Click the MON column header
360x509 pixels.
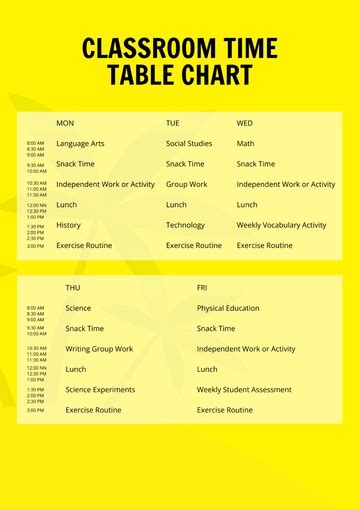(x=65, y=123)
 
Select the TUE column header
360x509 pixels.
(x=173, y=123)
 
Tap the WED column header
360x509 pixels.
(x=245, y=123)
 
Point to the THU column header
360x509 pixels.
(x=73, y=288)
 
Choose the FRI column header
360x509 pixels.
(x=202, y=288)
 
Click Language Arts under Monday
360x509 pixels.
(x=80, y=144)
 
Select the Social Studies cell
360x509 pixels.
(x=189, y=144)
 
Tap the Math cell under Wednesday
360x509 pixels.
(x=246, y=144)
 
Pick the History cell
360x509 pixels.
(x=68, y=225)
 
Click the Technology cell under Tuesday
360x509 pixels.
(x=185, y=225)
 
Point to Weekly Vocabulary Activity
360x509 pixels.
(x=282, y=225)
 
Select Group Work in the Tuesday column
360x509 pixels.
(x=187, y=184)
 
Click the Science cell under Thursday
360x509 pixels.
(x=78, y=308)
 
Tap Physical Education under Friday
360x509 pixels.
(x=228, y=308)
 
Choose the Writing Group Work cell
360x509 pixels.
(x=99, y=349)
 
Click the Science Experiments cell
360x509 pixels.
(x=100, y=390)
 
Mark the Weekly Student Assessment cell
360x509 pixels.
(x=244, y=390)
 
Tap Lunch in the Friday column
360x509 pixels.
(x=207, y=369)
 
